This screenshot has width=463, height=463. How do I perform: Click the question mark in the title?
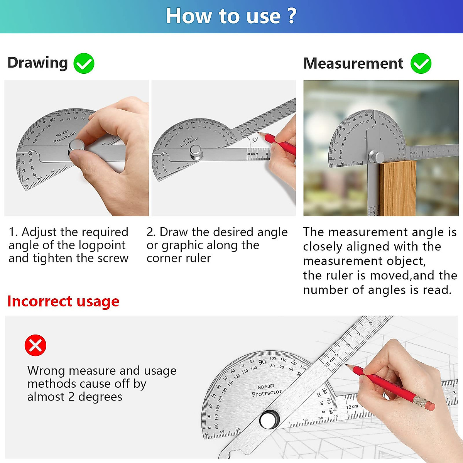click(x=291, y=16)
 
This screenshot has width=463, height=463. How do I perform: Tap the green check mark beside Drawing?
click(x=84, y=64)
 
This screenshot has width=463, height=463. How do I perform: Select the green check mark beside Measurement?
click(x=421, y=64)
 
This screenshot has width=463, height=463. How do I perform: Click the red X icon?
click(x=35, y=345)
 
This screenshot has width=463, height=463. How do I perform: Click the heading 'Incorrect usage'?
click(x=63, y=301)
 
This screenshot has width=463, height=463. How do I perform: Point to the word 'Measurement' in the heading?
click(x=353, y=63)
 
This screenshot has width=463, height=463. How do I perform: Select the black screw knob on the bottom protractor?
click(x=269, y=419)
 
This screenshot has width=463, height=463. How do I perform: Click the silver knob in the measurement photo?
click(x=376, y=157)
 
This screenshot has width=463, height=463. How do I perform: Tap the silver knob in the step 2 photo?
click(x=196, y=152)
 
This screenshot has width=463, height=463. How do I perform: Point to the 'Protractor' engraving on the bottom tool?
click(x=267, y=393)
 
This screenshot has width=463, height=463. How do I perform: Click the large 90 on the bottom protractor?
click(x=262, y=362)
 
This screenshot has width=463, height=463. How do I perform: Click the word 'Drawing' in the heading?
click(x=38, y=63)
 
